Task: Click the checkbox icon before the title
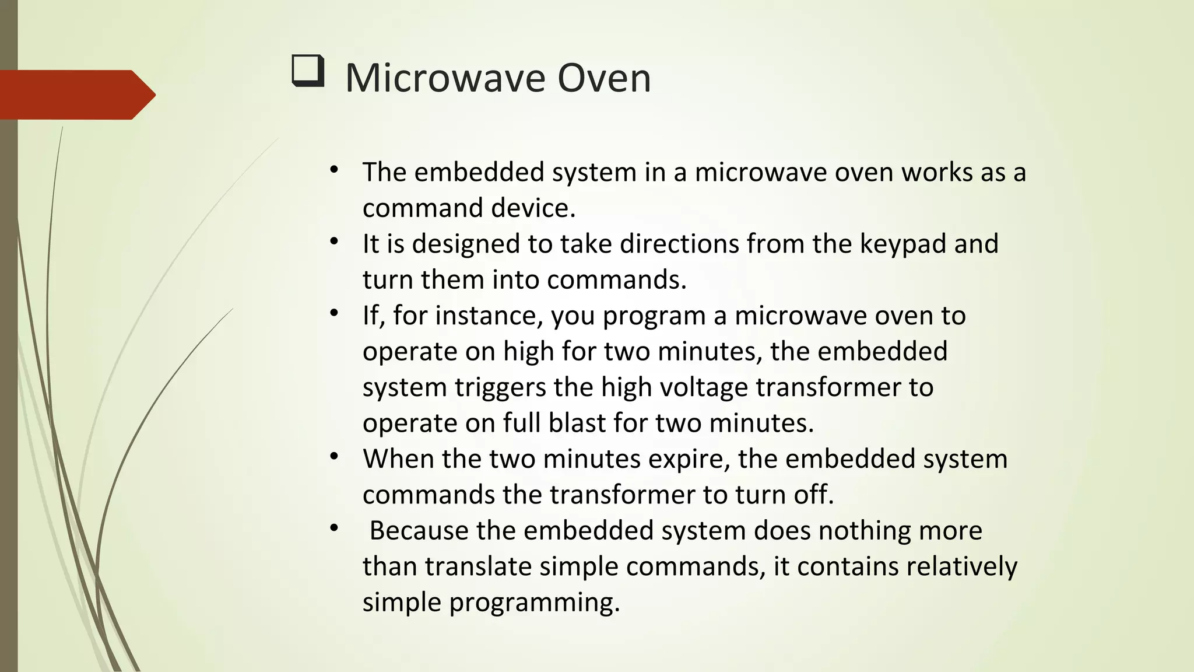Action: pyautogui.click(x=307, y=71)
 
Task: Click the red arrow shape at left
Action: pyautogui.click(x=76, y=94)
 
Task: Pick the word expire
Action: pyautogui.click(x=689, y=460)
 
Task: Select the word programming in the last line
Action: pyautogui.click(x=534, y=603)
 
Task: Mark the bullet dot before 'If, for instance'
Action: pyautogui.click(x=333, y=314)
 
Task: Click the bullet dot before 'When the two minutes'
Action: pyautogui.click(x=333, y=457)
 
